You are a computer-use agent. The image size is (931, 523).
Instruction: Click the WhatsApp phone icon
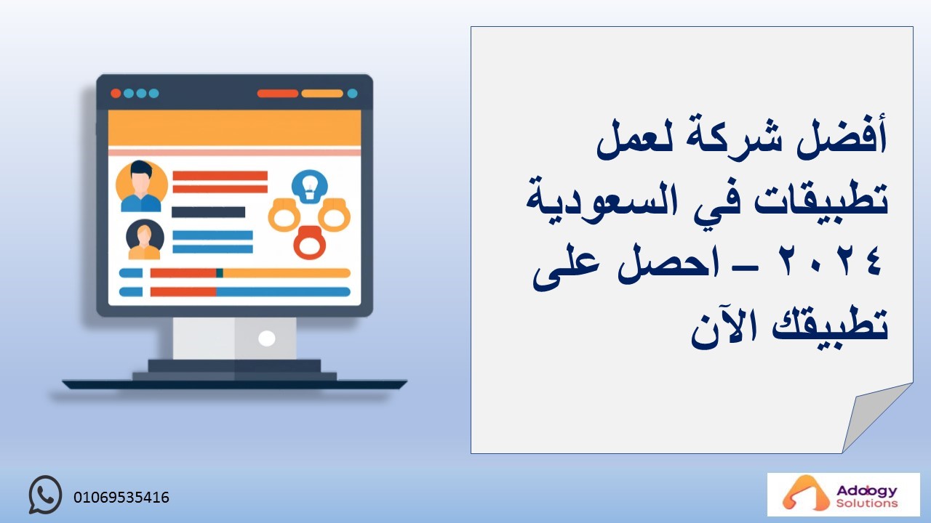pos(45,495)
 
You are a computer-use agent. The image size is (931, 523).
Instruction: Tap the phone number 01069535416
pos(121,498)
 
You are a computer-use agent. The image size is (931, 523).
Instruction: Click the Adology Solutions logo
pos(843,495)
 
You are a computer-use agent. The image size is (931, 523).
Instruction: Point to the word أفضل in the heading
pos(842,138)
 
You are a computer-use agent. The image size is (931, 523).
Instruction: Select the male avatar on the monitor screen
pos(141,186)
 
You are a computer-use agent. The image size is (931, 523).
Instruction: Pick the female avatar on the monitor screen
pos(145,240)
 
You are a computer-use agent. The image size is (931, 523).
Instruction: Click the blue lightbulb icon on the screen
pos(310,187)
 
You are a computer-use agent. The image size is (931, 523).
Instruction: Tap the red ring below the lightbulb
pos(310,243)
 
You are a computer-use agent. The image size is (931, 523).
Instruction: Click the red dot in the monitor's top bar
pos(116,94)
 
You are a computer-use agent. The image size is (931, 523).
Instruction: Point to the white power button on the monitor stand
pos(266,338)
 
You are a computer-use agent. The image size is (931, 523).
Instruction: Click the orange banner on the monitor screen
pos(234,128)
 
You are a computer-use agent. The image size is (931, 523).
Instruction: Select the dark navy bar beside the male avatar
pos(208,212)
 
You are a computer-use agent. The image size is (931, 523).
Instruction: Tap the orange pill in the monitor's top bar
pos(322,94)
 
